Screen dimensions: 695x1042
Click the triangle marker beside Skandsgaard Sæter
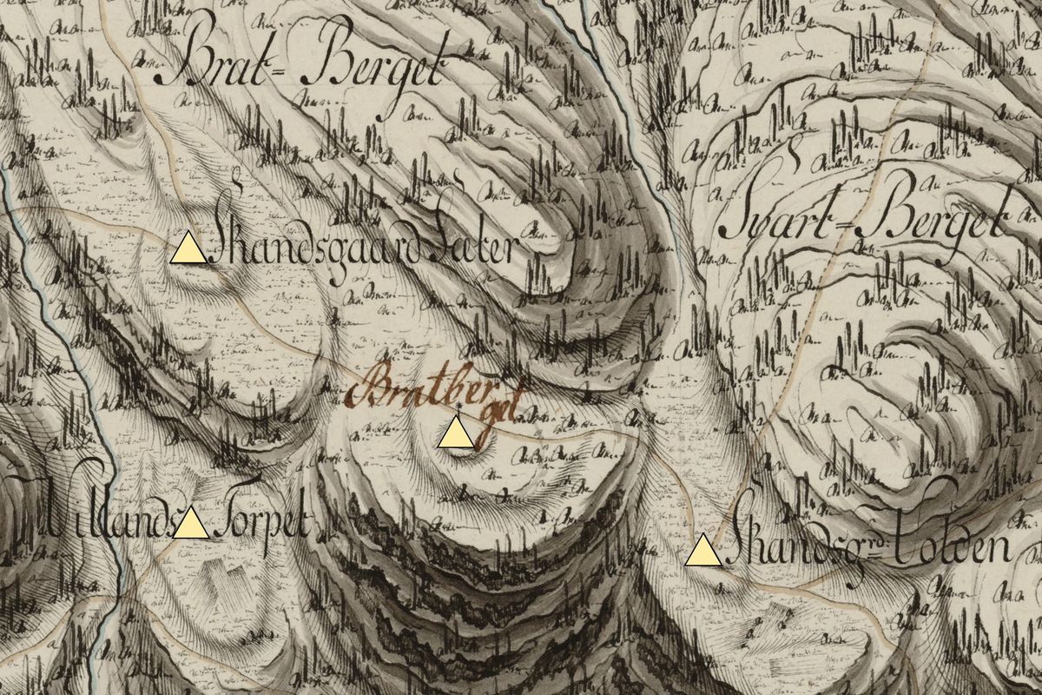188,250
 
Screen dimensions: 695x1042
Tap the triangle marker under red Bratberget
456,434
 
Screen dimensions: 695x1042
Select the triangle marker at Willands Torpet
191,525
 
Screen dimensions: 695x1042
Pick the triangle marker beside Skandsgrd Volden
702,552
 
